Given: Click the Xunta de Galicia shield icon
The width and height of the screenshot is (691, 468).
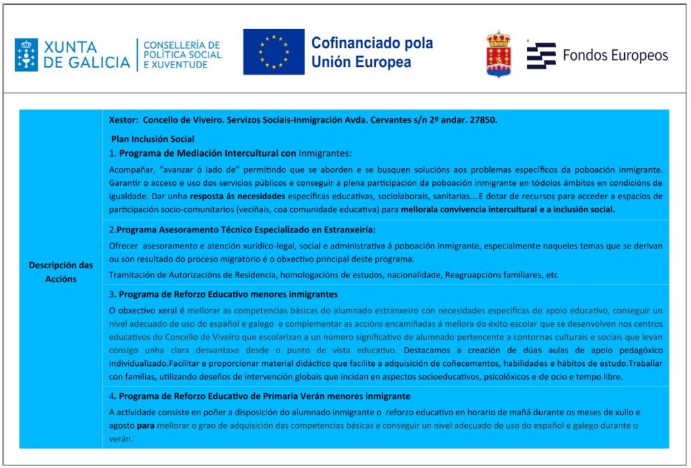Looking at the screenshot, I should pyautogui.click(x=26, y=55).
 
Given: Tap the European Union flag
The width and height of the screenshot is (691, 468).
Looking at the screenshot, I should pyautogui.click(x=274, y=51).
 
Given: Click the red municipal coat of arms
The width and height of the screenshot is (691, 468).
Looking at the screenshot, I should pyautogui.click(x=498, y=54).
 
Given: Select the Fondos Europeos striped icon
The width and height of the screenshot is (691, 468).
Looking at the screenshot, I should pyautogui.click(x=541, y=55).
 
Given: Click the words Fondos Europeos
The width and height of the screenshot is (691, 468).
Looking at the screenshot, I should pyautogui.click(x=615, y=55).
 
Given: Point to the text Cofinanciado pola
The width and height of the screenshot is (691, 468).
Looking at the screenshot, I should pyautogui.click(x=372, y=43).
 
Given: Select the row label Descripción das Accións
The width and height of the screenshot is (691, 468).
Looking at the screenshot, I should pyautogui.click(x=61, y=271).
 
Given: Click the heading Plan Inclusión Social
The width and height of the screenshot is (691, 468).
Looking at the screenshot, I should pyautogui.click(x=153, y=139).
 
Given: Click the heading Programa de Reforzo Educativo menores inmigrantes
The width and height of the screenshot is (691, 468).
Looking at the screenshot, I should pyautogui.click(x=228, y=294).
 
